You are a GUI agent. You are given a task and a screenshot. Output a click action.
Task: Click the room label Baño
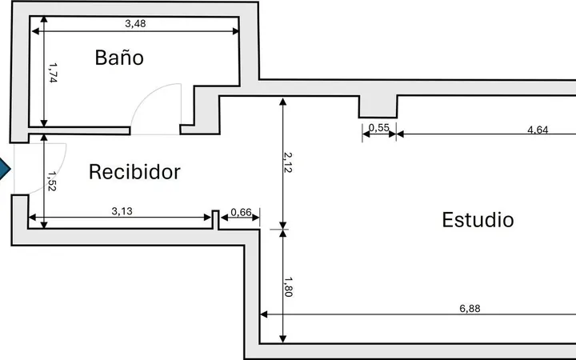(x=119, y=58)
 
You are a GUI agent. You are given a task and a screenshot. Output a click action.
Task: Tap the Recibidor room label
(x=135, y=172)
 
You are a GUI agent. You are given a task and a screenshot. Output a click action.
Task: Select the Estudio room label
(x=478, y=220)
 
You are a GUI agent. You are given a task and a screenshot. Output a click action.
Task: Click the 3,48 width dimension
(x=135, y=23)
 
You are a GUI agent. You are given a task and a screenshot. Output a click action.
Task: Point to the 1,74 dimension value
(x=53, y=73)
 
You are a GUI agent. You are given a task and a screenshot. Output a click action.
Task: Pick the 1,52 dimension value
(x=52, y=181)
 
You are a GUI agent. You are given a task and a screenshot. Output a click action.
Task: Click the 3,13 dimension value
(x=122, y=211)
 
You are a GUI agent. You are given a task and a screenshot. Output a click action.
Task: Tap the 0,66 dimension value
(x=241, y=212)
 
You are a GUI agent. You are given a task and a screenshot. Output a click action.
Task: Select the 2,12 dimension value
(x=288, y=162)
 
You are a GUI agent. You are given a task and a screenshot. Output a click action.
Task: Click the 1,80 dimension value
(x=288, y=287)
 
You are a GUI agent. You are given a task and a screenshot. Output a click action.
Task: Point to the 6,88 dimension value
(x=470, y=309)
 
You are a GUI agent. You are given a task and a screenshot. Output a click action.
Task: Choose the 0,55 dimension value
(x=378, y=128)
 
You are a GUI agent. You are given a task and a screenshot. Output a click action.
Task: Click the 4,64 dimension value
(x=538, y=130)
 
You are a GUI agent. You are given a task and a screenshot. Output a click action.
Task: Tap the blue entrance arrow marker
(x=5, y=169)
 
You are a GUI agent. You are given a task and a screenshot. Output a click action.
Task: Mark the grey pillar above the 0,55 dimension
(x=378, y=106)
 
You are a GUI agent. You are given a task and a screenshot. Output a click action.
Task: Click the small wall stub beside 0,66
(x=216, y=220)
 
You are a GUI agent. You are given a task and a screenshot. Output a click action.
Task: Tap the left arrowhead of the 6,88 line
(x=264, y=314)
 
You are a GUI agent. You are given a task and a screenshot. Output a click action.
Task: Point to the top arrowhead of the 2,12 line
(x=283, y=102)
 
